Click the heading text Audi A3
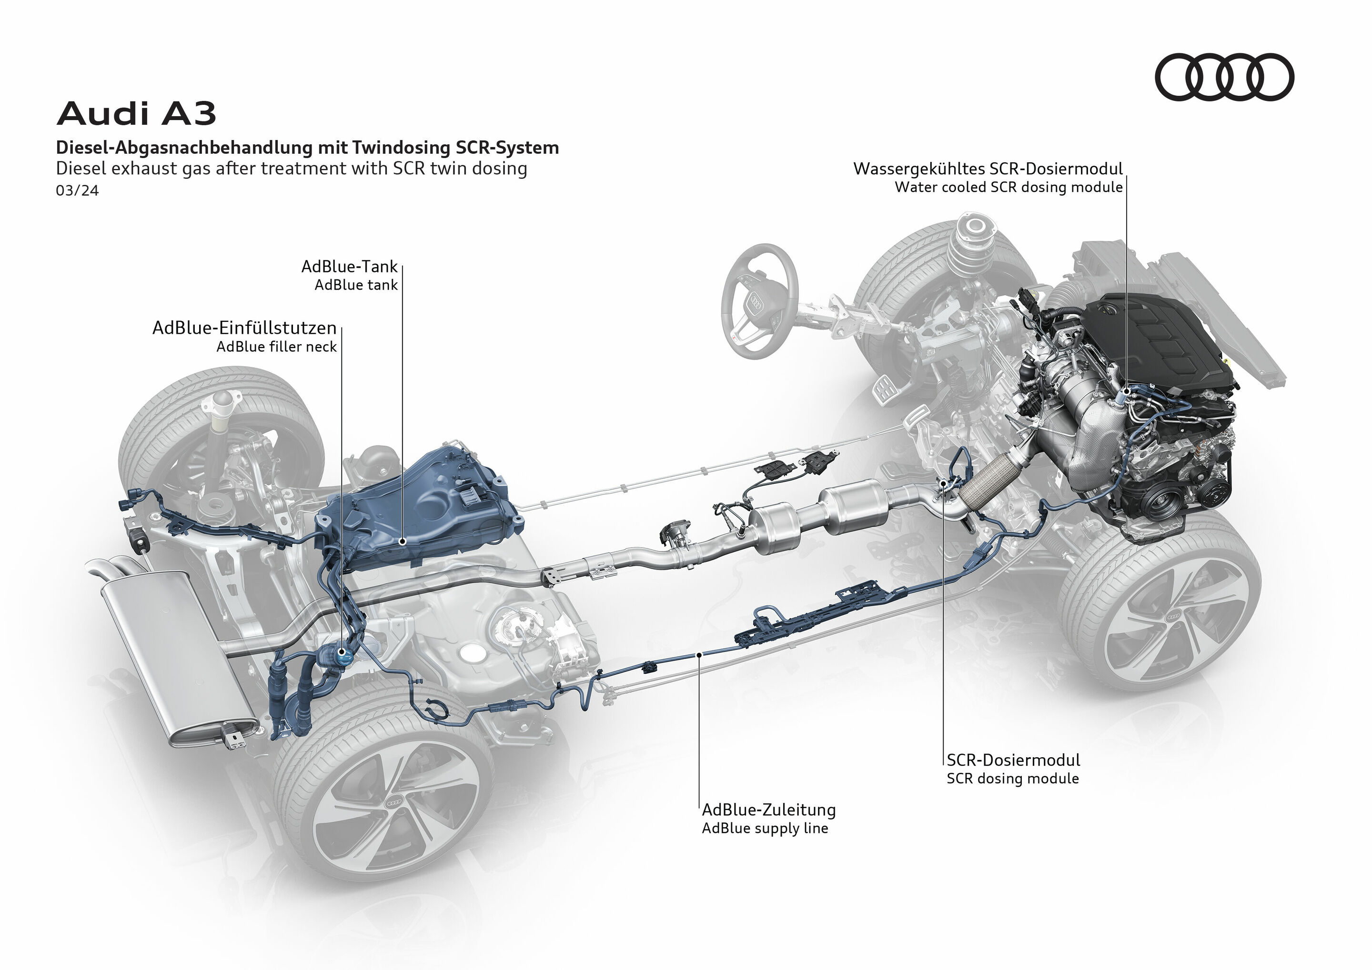136,113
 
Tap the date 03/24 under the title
77,190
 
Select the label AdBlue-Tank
349,266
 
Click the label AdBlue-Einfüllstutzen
244,328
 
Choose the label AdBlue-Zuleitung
768,810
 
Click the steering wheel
759,301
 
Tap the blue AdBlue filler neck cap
344,653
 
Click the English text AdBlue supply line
765,829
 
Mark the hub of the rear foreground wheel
394,804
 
